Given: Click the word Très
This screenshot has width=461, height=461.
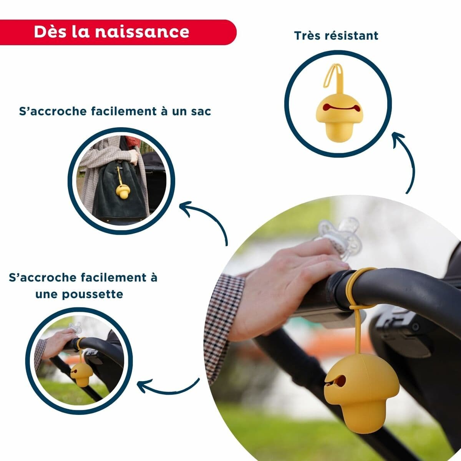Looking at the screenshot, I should pyautogui.click(x=307, y=35).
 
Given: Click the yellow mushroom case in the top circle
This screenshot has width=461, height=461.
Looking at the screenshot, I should pyautogui.click(x=333, y=115).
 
